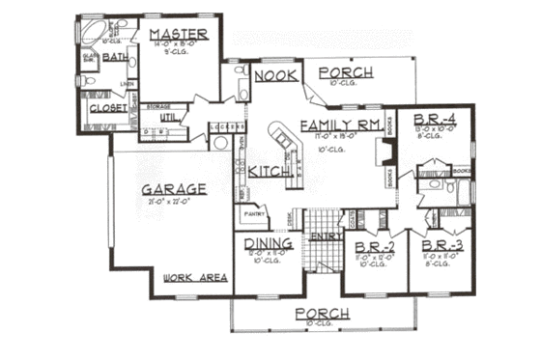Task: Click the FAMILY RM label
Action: [338, 126]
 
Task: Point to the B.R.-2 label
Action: [369, 245]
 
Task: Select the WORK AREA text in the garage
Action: [195, 277]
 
